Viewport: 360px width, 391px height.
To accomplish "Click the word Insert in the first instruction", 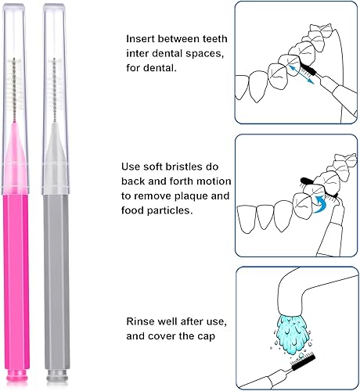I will pos(141,38).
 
